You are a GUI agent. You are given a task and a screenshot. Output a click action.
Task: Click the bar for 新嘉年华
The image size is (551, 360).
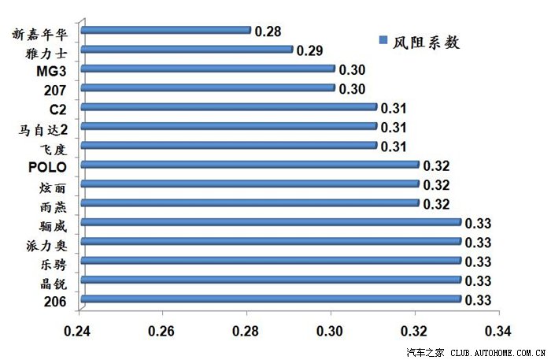point(165,31)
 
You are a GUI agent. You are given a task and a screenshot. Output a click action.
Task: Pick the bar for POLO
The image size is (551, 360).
point(250,165)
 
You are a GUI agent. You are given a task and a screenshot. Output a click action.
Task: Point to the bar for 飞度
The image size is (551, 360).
point(229,146)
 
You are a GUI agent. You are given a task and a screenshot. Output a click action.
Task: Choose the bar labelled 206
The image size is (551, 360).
point(271,299)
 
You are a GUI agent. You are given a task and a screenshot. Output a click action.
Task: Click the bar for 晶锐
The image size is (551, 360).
point(271,280)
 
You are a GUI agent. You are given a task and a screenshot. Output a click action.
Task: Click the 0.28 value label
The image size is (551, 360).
point(268,32)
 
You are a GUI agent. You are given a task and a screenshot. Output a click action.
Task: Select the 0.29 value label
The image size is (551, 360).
point(309,50)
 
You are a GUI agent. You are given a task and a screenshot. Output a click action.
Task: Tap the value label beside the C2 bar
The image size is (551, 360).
point(393,108)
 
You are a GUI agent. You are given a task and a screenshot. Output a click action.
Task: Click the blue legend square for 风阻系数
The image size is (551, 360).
point(383,40)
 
